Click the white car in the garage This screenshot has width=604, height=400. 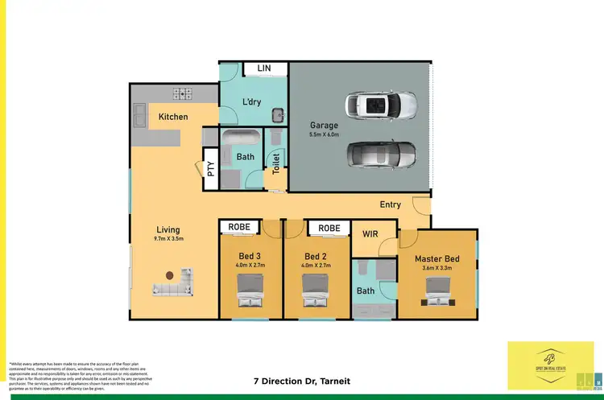382,105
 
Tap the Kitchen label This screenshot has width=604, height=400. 173,117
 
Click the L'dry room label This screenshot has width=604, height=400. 254,101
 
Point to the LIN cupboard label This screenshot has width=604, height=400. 264,69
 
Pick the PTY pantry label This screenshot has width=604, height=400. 211,169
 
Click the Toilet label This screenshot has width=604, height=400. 275,163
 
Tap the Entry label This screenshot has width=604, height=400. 391,204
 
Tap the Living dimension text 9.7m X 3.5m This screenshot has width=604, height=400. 168,239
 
